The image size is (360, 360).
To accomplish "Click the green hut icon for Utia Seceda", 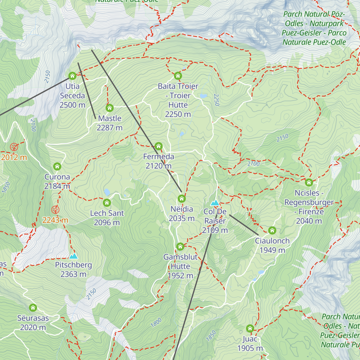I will point(72,75).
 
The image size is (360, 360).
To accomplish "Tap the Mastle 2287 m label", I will point(109,123).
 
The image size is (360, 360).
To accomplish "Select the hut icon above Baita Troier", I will point(178,75).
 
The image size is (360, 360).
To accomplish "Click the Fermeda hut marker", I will point(159,146).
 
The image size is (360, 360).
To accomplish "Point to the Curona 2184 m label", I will point(57,181).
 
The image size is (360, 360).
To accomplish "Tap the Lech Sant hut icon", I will point(107,203).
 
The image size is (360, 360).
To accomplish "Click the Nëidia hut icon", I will point(181,199).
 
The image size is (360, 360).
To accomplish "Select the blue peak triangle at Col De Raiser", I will point(215,203).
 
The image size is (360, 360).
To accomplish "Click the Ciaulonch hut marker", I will point(272,230).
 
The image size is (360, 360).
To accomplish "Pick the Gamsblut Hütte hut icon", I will point(180,246).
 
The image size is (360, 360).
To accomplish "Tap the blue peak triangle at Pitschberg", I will point(73,256).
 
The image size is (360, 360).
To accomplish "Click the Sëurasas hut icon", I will point(33,307).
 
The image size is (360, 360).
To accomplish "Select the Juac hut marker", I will point(250,328).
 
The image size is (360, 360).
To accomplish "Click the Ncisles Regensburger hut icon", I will point(309,182).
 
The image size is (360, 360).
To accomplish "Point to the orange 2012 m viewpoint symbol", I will point(14,147).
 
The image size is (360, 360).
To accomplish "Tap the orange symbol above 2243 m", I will point(55,210).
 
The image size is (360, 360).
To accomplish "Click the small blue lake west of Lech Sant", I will point(107,192).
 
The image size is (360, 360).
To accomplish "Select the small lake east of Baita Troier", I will point(203,96).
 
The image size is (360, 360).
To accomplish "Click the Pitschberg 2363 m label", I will point(73,269).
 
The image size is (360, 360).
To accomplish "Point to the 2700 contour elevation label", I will point(253,164).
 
